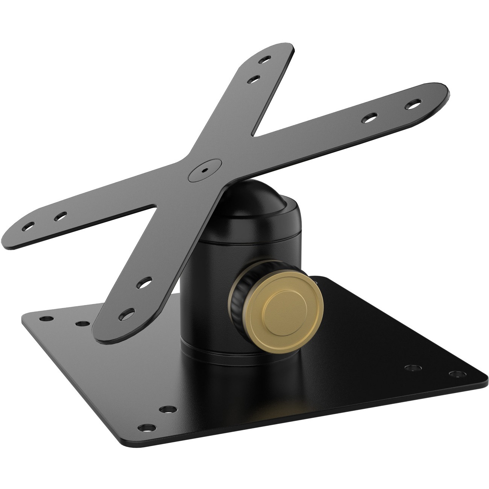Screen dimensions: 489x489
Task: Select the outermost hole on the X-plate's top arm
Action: click(266, 59)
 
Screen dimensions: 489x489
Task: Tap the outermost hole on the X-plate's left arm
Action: click(28, 228)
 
